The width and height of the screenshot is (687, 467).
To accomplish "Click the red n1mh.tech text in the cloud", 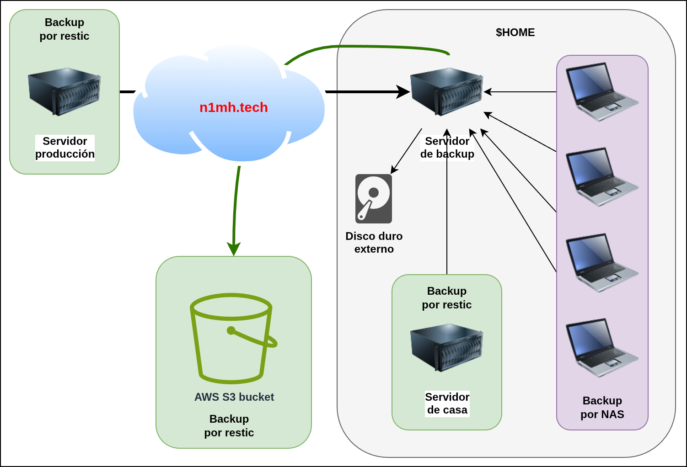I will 233,107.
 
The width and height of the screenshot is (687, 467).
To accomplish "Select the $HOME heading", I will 515,32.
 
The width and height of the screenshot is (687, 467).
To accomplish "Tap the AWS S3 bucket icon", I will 233,338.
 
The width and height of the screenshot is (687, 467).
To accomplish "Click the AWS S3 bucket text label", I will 234,397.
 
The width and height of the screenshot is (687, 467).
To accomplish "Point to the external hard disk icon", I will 374,199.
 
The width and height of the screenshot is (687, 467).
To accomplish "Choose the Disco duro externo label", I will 374,243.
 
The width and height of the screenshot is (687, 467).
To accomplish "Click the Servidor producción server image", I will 64,91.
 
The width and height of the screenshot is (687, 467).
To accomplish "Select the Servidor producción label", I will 65,148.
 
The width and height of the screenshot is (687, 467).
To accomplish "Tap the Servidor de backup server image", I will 446,91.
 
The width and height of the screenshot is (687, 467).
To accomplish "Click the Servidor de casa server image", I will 446,347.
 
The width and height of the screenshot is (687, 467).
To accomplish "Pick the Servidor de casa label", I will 447,403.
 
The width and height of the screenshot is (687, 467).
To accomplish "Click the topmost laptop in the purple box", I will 601,91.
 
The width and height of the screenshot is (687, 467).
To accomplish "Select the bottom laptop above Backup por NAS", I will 601,347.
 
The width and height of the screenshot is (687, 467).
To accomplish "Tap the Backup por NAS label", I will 602,408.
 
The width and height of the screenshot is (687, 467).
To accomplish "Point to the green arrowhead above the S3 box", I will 234,249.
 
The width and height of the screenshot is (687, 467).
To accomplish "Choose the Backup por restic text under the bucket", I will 229,426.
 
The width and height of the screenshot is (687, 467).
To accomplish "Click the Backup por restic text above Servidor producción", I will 64,29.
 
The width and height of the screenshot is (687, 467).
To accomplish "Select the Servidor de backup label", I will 447,148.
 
